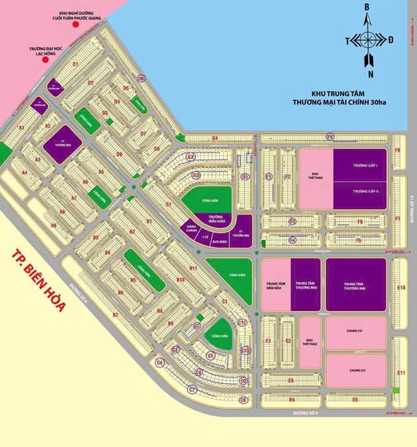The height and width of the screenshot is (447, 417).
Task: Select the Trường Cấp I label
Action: pos(364,167)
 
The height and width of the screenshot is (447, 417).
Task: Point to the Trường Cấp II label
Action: pos(364,192)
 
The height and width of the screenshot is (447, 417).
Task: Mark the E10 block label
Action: pos(400,287)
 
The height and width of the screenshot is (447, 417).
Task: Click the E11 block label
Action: pos(400,373)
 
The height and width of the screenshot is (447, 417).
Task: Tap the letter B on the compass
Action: pos(369,7)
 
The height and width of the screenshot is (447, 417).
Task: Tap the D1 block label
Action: pos(75,63)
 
